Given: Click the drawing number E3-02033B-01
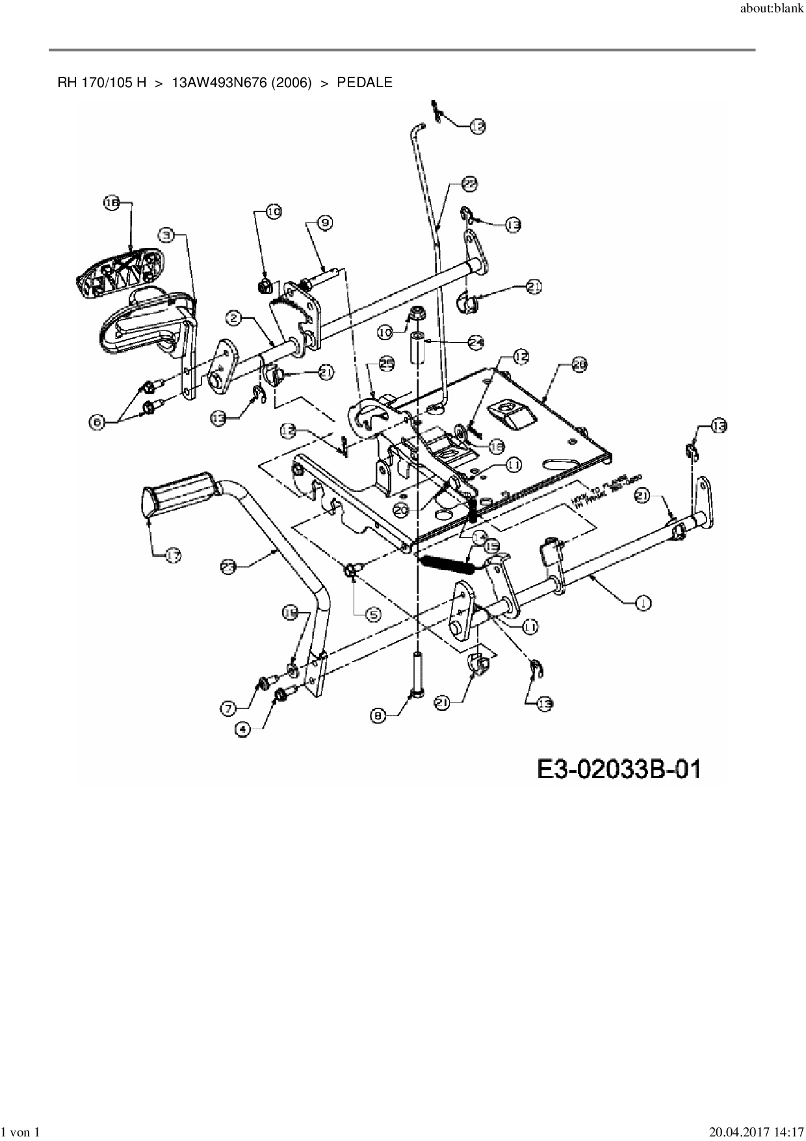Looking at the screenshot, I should (619, 770).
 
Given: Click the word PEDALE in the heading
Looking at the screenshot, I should (365, 83).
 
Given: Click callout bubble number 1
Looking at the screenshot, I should (643, 602).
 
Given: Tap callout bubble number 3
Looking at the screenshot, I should (168, 234).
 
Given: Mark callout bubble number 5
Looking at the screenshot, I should (373, 613).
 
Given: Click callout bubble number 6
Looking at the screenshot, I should (97, 422).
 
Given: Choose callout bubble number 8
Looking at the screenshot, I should (379, 716).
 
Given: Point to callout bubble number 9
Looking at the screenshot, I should (325, 222).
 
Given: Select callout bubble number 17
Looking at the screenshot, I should (173, 556).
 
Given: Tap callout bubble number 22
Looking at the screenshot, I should (469, 183).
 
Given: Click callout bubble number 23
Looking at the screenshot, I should (229, 567).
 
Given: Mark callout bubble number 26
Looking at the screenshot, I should (579, 366).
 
